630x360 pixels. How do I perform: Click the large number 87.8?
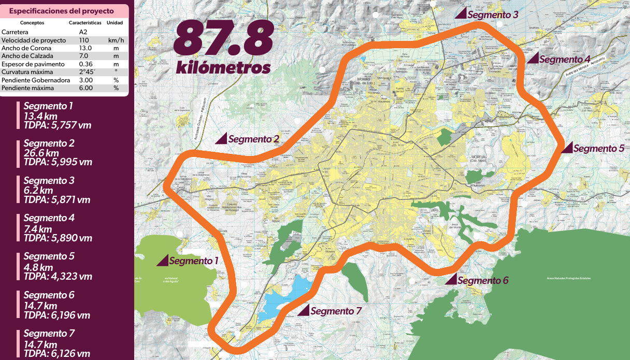click(x=223, y=38)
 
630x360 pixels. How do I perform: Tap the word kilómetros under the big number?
click(x=223, y=67)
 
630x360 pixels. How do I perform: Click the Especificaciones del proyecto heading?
click(x=62, y=11)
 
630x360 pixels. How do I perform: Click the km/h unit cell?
click(x=116, y=40)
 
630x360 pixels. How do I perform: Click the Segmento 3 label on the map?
click(x=492, y=15)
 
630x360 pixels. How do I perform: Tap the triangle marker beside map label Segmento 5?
click(x=567, y=148)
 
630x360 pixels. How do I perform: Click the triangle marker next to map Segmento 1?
click(x=163, y=261)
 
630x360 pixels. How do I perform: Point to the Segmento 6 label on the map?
click(x=483, y=281)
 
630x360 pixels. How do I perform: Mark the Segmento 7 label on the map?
click(x=335, y=311)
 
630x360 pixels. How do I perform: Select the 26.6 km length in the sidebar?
click(x=41, y=153)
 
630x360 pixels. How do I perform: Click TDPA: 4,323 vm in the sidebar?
click(x=57, y=277)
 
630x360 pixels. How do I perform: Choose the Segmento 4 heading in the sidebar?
click(x=49, y=218)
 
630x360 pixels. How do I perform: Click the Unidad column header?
click(x=114, y=23)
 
